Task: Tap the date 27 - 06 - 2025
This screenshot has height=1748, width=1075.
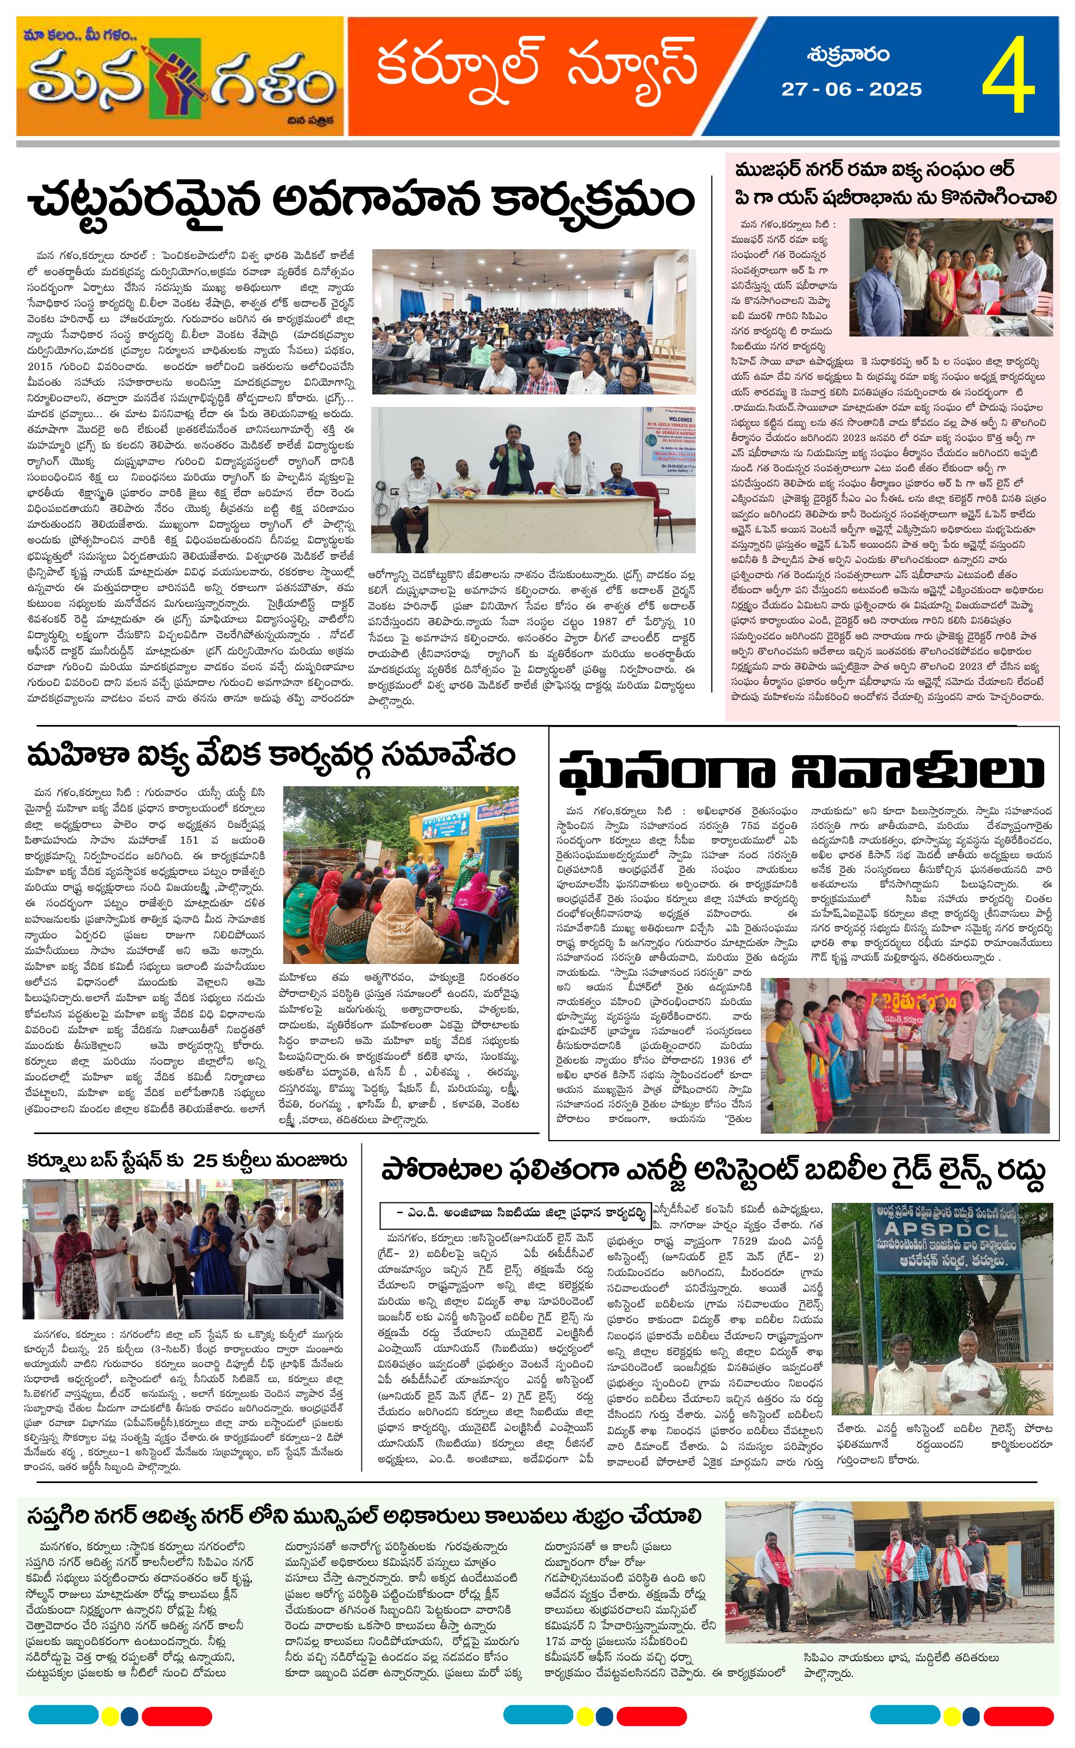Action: [x=851, y=89]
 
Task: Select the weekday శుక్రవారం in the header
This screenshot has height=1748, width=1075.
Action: [x=848, y=55]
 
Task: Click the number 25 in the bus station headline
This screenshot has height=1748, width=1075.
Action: [x=205, y=1161]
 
